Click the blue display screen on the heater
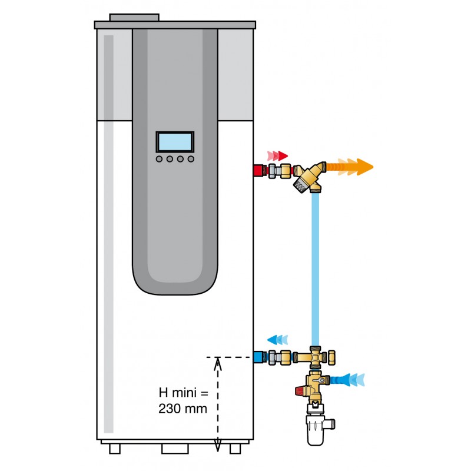click(x=175, y=142)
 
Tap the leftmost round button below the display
click(x=160, y=158)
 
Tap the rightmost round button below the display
click(x=190, y=158)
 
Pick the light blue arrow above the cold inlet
click(x=278, y=340)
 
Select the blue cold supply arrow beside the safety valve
click(x=350, y=380)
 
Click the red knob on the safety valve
click(x=300, y=390)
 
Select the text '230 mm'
click(x=183, y=408)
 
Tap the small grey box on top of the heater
click(x=134, y=18)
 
